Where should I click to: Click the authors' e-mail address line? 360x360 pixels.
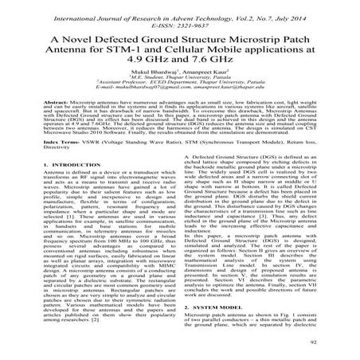tap(179, 104)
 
